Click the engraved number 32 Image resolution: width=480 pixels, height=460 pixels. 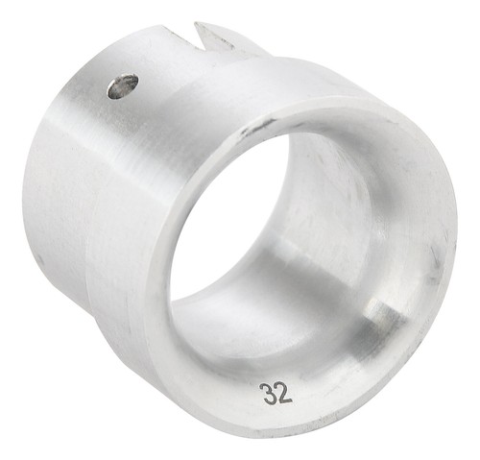[x=277, y=393]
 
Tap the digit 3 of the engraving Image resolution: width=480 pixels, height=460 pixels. [x=269, y=393]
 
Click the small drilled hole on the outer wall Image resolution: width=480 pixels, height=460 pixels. [x=123, y=85]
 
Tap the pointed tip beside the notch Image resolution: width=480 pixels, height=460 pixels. [x=196, y=23]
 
